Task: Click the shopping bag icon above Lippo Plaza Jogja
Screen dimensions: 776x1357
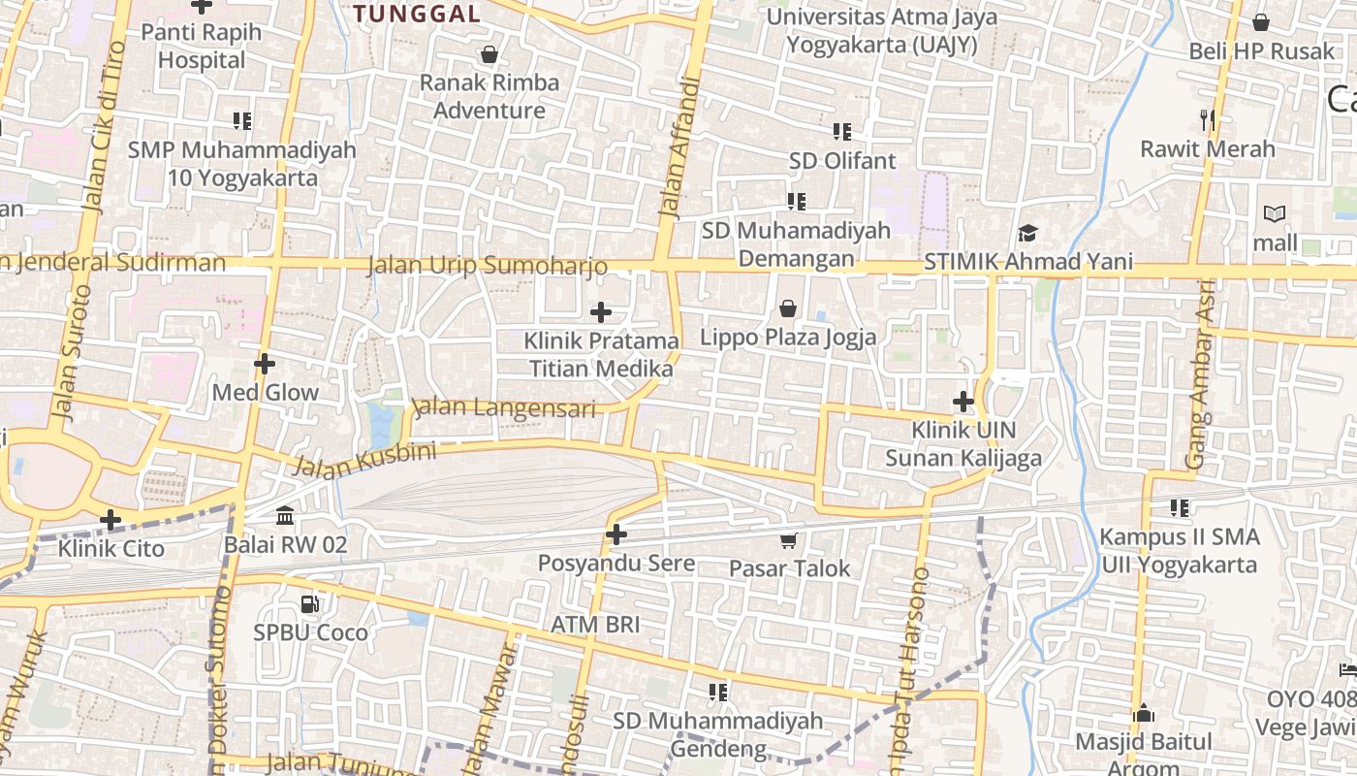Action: click(x=788, y=309)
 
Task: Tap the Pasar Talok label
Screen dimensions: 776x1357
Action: click(x=789, y=568)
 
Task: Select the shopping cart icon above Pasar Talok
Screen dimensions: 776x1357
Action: click(x=789, y=540)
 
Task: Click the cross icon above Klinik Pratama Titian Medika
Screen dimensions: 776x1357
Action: click(x=601, y=312)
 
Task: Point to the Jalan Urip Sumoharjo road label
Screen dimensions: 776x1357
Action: click(x=488, y=266)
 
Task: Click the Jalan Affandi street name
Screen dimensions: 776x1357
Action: click(x=678, y=145)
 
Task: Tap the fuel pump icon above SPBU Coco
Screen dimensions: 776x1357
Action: click(x=309, y=604)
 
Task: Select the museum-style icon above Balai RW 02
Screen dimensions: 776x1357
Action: click(x=285, y=516)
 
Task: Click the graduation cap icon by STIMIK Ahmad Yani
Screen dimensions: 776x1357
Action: click(x=1027, y=234)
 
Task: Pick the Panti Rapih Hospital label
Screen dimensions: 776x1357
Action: click(x=202, y=46)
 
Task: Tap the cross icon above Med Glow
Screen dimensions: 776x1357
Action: click(x=265, y=364)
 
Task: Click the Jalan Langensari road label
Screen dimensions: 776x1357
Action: click(x=504, y=408)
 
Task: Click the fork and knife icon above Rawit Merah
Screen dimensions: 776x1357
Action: click(x=1207, y=120)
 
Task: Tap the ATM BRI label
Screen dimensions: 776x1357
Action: click(x=595, y=625)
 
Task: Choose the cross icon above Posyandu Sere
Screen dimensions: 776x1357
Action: click(x=616, y=534)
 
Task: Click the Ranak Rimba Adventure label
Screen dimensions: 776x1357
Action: click(x=489, y=96)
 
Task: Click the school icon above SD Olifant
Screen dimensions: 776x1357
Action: click(x=841, y=131)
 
